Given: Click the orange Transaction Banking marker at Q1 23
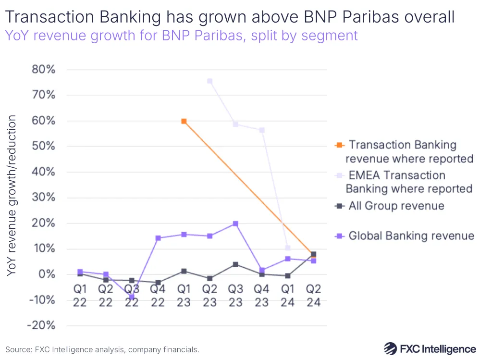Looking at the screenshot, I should [x=184, y=121].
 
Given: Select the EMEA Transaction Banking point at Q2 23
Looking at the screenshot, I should [x=209, y=81].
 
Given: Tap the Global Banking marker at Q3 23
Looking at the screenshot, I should [x=235, y=223].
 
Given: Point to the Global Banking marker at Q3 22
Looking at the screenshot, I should [x=132, y=297].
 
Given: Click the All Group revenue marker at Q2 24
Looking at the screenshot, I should [x=313, y=254].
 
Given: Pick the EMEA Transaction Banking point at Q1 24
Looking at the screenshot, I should [x=287, y=248].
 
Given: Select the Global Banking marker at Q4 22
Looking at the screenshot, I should [x=158, y=238].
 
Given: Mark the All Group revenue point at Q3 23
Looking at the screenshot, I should [x=235, y=264].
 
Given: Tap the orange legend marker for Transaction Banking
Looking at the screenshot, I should [x=339, y=145].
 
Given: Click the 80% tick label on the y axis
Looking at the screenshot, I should [x=43, y=69].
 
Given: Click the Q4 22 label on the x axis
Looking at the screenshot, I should [x=158, y=295].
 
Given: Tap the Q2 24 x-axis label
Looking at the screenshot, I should [x=313, y=295].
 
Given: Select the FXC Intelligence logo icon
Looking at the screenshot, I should [x=391, y=348].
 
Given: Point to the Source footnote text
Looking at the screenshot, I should [x=102, y=349].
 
